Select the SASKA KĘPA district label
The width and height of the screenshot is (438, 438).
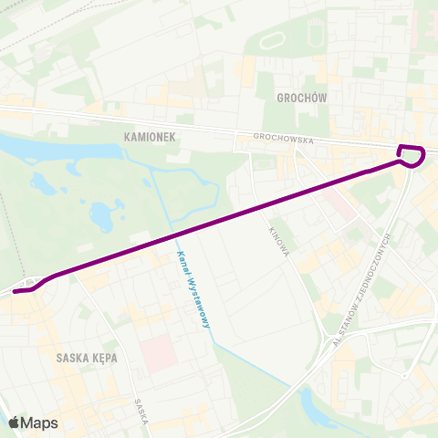coord(86,357)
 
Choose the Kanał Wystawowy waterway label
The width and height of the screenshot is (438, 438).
coord(193,290)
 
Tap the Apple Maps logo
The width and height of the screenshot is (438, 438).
coord(33,422)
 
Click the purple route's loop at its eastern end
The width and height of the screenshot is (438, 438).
coord(412,156)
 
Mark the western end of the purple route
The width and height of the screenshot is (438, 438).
coord(16,292)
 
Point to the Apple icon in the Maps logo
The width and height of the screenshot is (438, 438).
coord(15,422)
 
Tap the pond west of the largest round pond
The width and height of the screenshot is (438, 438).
coord(42,183)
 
